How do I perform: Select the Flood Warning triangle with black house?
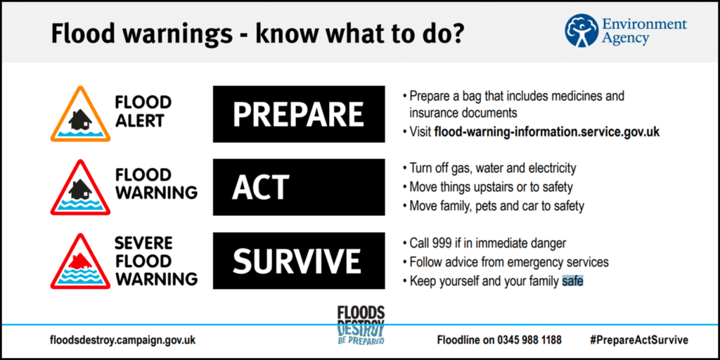80,188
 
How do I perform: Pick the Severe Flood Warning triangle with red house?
80,263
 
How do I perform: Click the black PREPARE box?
299,114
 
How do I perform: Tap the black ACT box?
299,187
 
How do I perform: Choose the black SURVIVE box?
299,261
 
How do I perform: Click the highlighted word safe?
572,281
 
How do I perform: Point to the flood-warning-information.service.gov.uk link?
547,132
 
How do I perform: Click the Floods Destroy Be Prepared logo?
361,325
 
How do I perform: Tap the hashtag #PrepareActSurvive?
639,340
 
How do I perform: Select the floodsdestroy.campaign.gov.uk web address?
123,340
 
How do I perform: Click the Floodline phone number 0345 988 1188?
529,340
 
